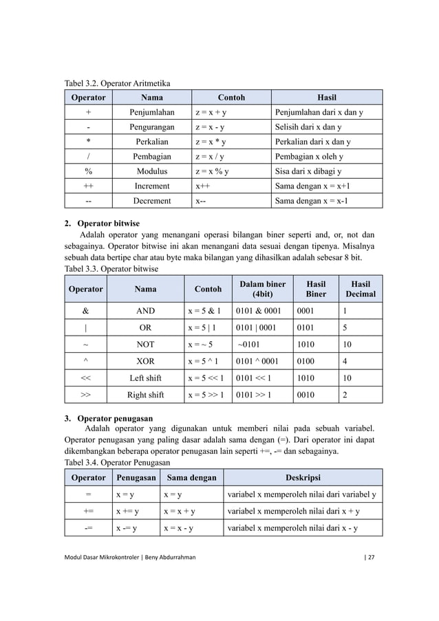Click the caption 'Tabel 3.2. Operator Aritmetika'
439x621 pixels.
tap(117, 84)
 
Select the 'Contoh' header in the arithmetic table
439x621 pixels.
tap(231, 98)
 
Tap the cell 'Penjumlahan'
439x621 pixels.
tap(152, 112)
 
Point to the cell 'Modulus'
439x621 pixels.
tap(152, 171)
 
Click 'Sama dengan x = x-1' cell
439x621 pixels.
tap(311, 201)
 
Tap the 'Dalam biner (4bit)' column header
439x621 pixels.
tap(262, 288)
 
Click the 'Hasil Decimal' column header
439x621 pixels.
tap(361, 288)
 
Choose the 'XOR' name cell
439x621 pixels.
tap(145, 360)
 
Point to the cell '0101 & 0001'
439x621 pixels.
tap(259, 310)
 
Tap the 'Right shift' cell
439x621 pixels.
tap(145, 395)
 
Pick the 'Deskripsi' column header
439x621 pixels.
tap(303, 477)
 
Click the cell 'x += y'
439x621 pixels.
tap(127, 511)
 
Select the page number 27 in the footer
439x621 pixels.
tap(371, 557)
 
